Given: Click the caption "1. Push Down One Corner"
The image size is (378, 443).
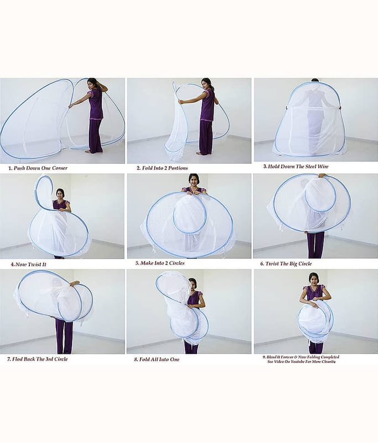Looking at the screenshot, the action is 38,168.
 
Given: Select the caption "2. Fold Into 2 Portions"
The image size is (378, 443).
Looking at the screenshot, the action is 162,168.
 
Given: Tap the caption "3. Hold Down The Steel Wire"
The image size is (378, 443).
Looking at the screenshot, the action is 296,167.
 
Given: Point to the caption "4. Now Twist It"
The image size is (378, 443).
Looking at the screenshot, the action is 29,265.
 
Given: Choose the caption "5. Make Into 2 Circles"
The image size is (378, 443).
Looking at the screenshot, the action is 160,263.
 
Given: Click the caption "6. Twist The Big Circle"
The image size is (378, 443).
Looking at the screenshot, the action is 286,264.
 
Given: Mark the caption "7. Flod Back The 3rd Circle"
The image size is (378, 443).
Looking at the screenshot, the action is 38,359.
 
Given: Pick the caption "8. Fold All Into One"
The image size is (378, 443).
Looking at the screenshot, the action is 157,359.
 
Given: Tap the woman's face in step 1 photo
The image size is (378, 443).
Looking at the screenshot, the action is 91,84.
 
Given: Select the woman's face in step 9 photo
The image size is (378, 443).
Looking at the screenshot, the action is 313,279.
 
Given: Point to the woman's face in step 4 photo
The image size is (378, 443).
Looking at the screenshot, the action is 60,194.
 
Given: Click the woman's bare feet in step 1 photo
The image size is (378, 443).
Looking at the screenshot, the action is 92,152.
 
